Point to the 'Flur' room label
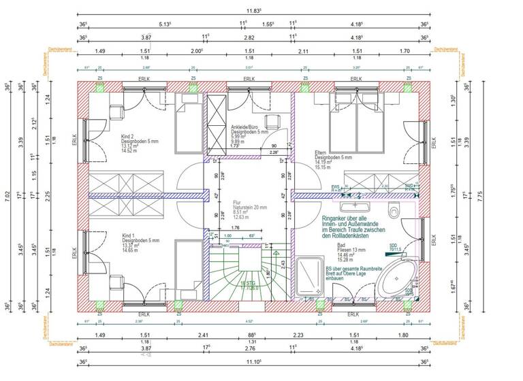[237, 203]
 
